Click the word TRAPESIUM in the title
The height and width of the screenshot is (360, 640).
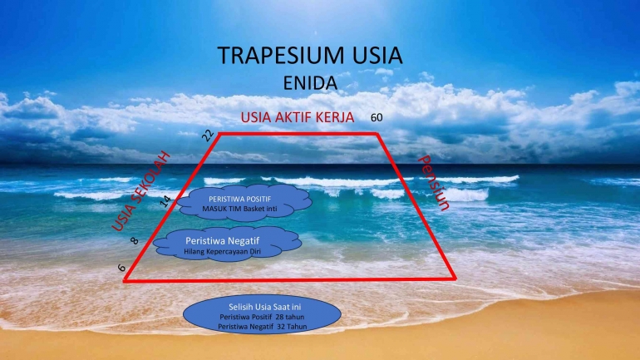click(x=281, y=56)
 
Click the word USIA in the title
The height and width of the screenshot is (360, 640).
click(x=378, y=56)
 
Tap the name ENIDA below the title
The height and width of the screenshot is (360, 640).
click(x=310, y=83)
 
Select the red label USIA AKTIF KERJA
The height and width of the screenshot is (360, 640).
click(x=298, y=117)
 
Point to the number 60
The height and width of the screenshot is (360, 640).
click(x=377, y=117)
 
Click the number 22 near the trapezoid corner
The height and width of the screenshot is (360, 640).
click(x=208, y=136)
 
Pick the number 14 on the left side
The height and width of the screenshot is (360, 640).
click(x=165, y=201)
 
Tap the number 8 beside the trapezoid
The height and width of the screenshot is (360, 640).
click(x=135, y=241)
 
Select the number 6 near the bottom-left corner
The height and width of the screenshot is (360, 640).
click(x=121, y=268)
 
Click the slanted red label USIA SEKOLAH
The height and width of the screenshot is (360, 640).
click(x=140, y=191)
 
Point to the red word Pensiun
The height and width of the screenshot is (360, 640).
click(x=434, y=182)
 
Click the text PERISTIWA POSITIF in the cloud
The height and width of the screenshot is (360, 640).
click(x=239, y=200)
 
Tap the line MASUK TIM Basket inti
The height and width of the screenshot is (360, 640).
click(x=239, y=209)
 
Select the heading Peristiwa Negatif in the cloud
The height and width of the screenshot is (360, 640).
click(x=223, y=241)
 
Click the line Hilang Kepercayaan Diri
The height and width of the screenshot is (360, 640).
click(x=222, y=252)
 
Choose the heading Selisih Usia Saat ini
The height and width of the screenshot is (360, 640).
click(x=264, y=307)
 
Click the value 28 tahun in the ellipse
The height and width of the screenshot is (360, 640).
click(x=290, y=317)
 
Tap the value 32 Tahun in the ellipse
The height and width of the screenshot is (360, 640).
click(x=292, y=327)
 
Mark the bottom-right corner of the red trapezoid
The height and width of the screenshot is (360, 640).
click(x=455, y=279)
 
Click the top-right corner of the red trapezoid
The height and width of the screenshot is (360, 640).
click(x=377, y=134)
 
